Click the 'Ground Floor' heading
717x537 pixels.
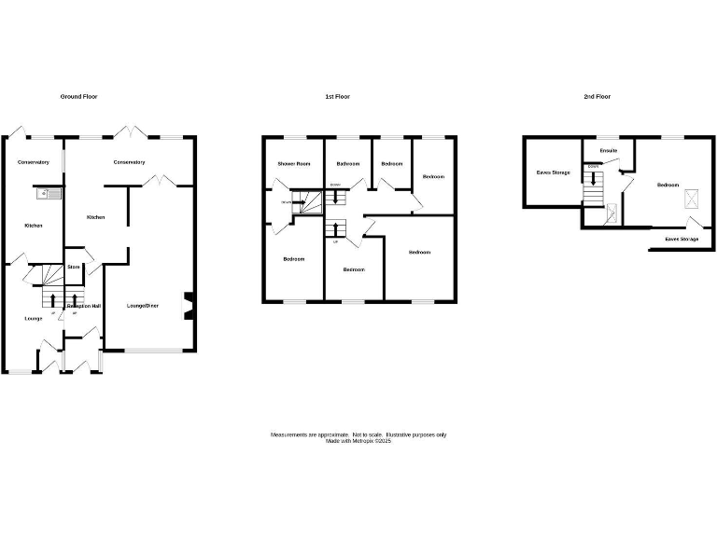79,97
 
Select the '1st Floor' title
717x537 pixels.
337,97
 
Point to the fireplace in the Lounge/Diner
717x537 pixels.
190,307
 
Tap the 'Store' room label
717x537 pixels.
73,268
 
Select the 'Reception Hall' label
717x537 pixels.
83,306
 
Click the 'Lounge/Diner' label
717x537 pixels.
143,306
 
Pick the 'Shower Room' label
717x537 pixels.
293,164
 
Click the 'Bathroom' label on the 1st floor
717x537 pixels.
348,164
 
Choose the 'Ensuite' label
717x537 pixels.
609,150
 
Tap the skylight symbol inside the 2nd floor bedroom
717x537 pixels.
693,198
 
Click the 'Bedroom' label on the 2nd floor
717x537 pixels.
668,185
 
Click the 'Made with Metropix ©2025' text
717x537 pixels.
358,441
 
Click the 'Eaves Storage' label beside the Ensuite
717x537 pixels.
553,172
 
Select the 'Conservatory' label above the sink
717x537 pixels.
33,162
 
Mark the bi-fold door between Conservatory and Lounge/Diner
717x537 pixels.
162,180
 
